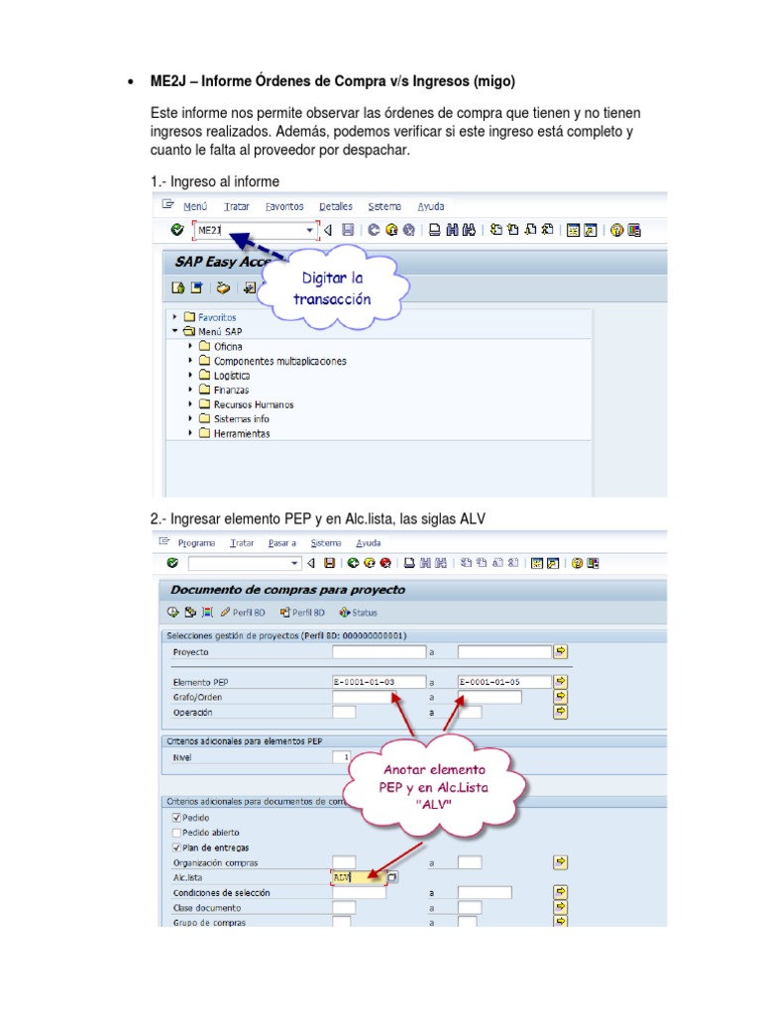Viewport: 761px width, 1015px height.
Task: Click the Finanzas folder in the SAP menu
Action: click(230, 391)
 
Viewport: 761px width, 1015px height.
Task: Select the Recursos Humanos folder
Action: click(252, 404)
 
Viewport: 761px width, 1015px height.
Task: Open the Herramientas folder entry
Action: click(241, 433)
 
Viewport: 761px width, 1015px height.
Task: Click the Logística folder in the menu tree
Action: click(231, 376)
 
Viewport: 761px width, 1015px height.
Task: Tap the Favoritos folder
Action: click(216, 317)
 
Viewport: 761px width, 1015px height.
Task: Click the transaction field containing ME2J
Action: click(253, 230)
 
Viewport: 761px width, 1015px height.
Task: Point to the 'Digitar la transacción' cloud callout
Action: click(336, 289)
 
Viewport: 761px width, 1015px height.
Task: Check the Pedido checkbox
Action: click(177, 818)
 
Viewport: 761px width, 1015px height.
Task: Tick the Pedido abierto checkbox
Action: click(177, 833)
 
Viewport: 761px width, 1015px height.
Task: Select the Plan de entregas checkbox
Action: click(177, 847)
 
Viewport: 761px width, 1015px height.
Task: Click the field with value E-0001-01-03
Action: click(379, 682)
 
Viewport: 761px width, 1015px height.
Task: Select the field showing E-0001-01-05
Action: click(503, 682)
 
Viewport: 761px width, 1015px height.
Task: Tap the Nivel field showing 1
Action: click(343, 757)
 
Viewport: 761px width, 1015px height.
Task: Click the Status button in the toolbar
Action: click(358, 613)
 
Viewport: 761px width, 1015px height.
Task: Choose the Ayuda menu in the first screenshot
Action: click(430, 206)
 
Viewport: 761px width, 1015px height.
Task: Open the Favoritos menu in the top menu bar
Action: click(284, 206)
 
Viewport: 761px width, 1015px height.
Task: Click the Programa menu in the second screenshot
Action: click(196, 543)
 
